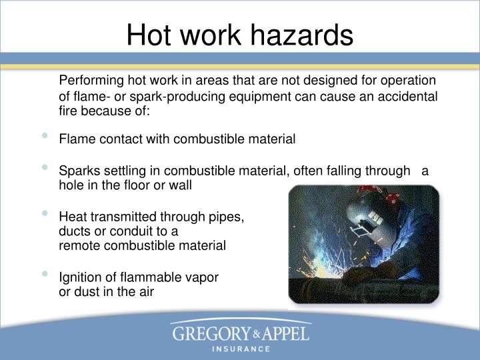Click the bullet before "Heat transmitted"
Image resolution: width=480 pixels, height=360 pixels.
(x=45, y=214)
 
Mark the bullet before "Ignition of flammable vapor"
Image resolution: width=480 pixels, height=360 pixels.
(x=45, y=274)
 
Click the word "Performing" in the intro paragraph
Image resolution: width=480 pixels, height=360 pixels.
(x=91, y=81)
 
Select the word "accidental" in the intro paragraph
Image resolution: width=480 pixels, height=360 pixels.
(x=407, y=97)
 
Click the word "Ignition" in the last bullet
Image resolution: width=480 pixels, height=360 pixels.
(x=80, y=277)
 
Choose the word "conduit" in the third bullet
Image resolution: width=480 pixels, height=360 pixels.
(x=124, y=231)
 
